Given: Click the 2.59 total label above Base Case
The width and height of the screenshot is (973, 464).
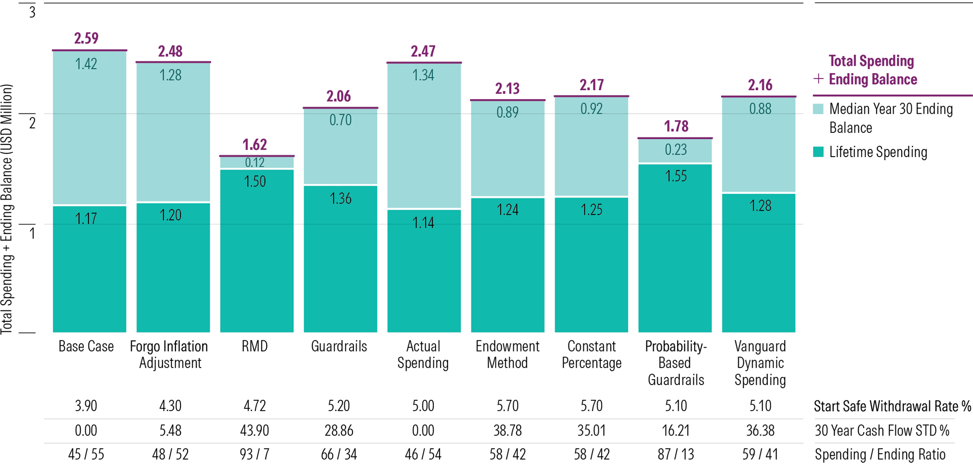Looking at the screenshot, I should (x=86, y=38).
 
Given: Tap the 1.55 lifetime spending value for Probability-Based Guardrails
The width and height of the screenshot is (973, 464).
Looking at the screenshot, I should (x=676, y=176).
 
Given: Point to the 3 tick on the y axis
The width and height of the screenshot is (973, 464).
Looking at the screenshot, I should (x=32, y=12).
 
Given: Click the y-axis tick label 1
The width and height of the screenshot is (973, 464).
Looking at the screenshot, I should (x=32, y=233).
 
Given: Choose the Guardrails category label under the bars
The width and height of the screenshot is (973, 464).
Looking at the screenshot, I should (x=339, y=346).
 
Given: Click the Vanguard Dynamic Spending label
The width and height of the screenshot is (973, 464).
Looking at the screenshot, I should (x=760, y=363).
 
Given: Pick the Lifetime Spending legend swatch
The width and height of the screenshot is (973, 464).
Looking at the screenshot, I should (x=818, y=152).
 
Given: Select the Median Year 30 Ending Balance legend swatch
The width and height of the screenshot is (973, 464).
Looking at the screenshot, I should (x=818, y=109).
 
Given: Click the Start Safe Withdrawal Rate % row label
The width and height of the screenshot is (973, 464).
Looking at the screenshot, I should (x=892, y=406).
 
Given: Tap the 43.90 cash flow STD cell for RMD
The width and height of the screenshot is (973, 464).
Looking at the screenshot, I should (x=255, y=430).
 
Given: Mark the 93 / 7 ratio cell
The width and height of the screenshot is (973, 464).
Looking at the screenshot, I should (x=255, y=454).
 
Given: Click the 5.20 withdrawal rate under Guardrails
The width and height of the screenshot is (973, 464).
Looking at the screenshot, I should (x=339, y=406).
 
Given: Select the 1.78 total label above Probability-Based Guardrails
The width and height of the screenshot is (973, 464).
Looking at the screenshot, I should (x=676, y=126).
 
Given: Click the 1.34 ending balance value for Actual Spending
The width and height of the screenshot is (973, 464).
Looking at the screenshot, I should (x=423, y=75).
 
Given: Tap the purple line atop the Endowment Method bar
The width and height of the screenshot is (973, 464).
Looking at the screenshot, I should (x=508, y=100).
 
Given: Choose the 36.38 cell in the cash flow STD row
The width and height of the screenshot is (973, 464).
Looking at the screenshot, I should (x=760, y=430).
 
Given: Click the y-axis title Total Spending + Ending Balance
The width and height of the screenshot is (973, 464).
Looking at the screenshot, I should (x=7, y=210).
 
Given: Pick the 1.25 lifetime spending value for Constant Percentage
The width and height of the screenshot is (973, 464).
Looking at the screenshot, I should (x=591, y=210).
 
